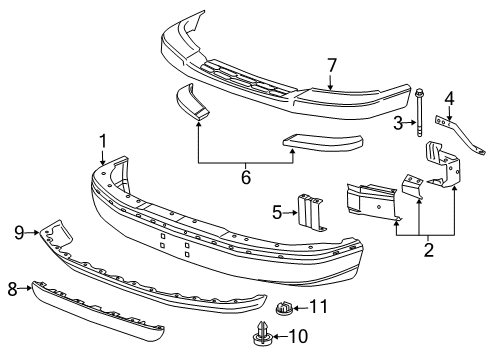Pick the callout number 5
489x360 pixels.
pyautogui.click(x=277, y=211)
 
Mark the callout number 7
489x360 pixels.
pyautogui.click(x=331, y=66)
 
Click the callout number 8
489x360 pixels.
pyautogui.click(x=13, y=288)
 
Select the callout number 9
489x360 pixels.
pyautogui.click(x=19, y=232)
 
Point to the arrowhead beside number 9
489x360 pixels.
pyautogui.click(x=36, y=232)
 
